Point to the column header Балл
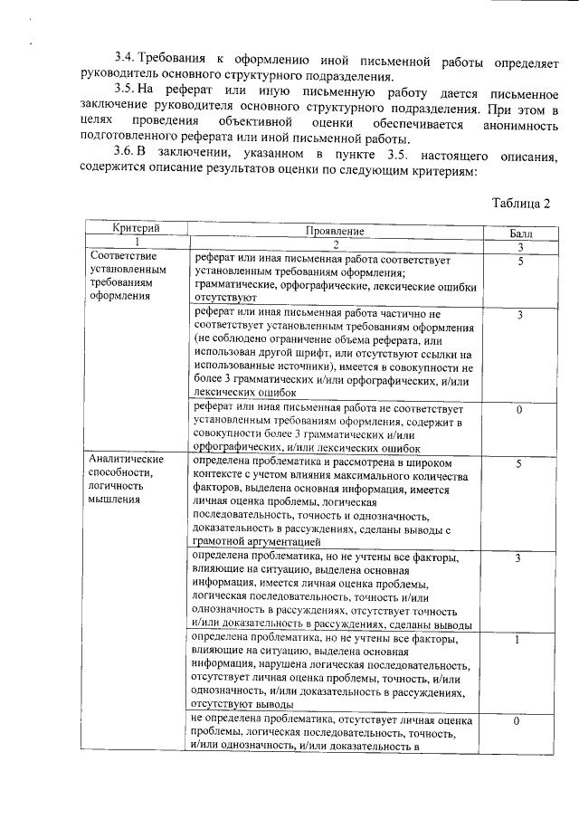[x=521, y=233]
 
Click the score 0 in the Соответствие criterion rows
[x=520, y=410]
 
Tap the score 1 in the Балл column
[x=517, y=641]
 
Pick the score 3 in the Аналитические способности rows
[x=518, y=558]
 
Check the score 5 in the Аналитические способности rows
[x=519, y=463]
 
